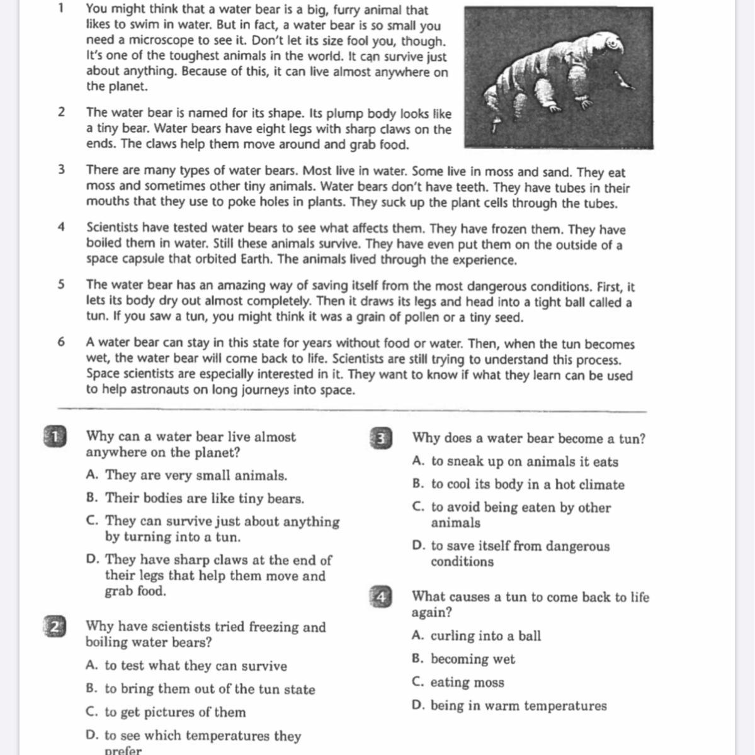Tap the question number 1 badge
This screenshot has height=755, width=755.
(55, 437)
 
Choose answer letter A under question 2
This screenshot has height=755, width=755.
(91, 666)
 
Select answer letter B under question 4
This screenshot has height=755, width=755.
(417, 659)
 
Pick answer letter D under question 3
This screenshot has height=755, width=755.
(418, 546)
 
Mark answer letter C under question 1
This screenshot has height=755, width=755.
(92, 521)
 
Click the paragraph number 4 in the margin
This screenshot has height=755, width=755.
(61, 227)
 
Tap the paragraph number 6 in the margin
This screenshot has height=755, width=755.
(61, 342)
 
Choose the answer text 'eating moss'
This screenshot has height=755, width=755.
(467, 682)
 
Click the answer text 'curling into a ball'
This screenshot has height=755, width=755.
(485, 635)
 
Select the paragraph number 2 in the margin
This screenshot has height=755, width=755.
(61, 112)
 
